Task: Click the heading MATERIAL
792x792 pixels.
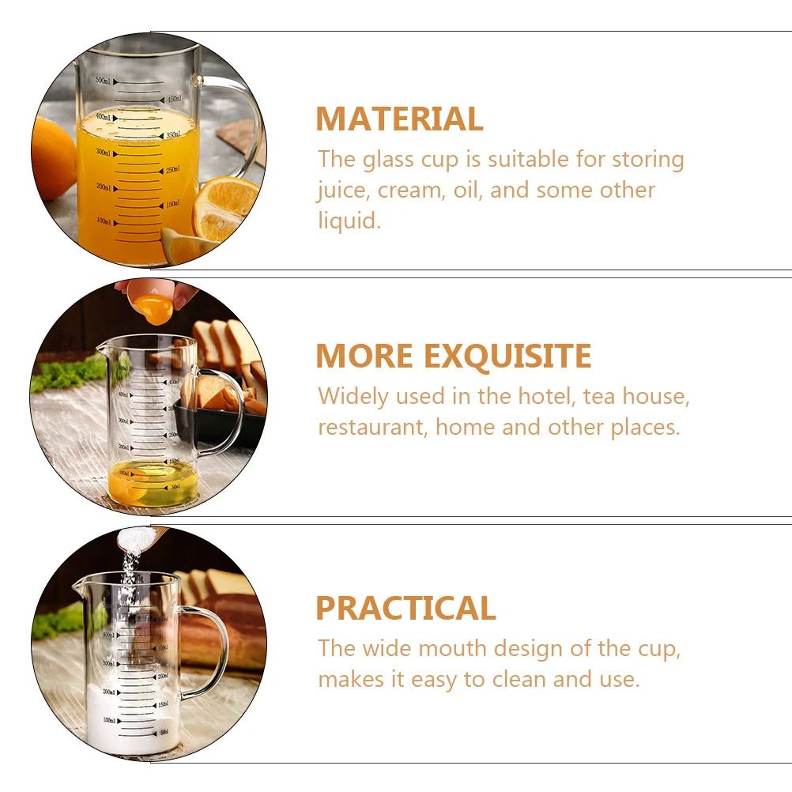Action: click(399, 119)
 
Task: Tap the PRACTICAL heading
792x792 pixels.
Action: click(405, 609)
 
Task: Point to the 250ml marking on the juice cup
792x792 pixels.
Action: click(172, 170)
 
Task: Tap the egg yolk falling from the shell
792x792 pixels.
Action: click(153, 309)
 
